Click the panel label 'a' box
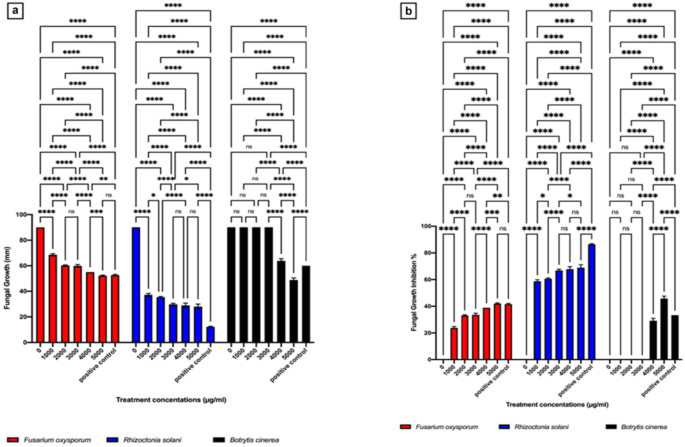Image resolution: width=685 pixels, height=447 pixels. [x=15, y=11]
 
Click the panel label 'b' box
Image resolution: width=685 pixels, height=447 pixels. [x=409, y=11]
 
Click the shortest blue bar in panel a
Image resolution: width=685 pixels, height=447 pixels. [x=210, y=334]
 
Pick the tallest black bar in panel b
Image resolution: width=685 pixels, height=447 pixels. [x=664, y=329]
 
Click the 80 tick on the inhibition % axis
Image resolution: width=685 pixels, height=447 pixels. [x=426, y=253]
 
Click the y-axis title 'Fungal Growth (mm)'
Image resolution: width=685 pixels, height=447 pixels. [x=7, y=278]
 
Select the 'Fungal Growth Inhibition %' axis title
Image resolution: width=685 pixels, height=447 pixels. [x=414, y=292]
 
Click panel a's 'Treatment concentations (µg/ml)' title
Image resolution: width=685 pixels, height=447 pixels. [x=171, y=400]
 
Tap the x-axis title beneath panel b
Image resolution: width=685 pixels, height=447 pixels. [x=557, y=405]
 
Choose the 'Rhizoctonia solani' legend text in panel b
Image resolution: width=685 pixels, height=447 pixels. [x=541, y=427]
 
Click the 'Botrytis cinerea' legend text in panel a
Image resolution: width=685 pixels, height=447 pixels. [x=254, y=440]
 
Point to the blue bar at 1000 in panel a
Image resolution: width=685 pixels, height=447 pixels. [x=148, y=318]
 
